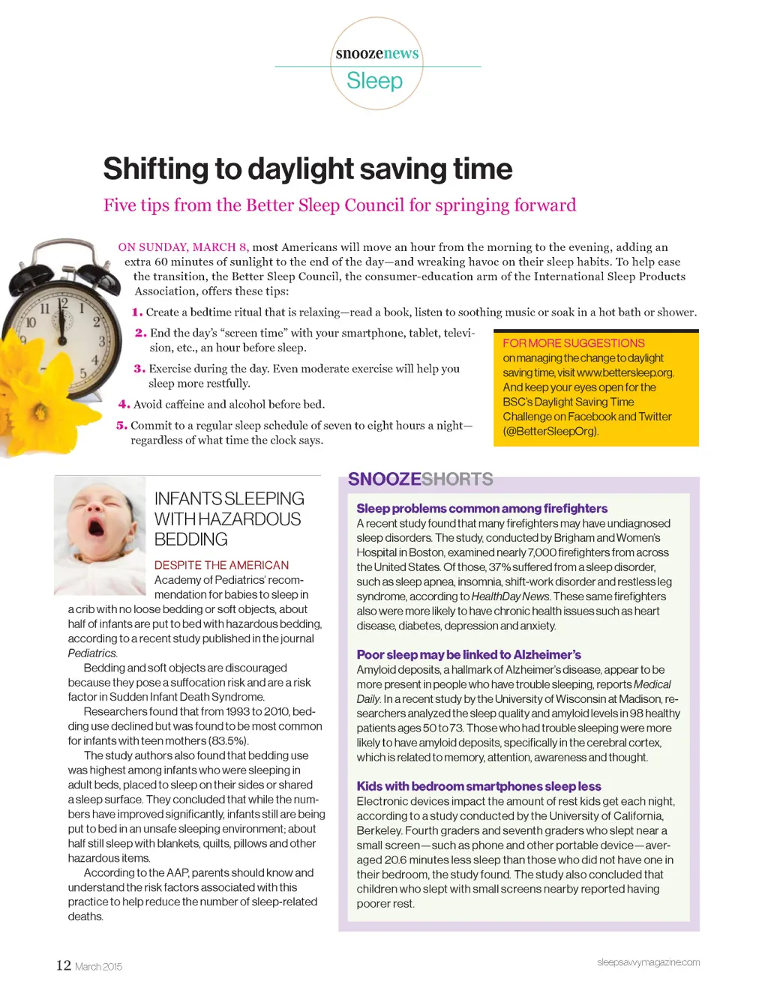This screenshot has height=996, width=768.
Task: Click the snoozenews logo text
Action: pos(377,53)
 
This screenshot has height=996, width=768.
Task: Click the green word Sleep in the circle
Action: pos(374,80)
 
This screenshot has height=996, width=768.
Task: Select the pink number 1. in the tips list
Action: pos(137,313)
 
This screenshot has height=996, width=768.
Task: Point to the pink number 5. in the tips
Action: pos(121,426)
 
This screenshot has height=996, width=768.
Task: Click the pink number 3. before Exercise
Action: pos(139,369)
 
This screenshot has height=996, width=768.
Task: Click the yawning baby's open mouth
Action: pos(97,527)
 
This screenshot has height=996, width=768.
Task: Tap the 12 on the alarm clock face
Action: pos(63,304)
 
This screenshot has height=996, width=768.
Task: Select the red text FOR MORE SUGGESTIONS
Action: pos(574,343)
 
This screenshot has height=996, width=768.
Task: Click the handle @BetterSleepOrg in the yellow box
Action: pos(551,431)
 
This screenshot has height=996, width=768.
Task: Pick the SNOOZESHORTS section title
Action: pos(420,480)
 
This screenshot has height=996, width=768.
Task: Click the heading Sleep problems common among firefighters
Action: pos(481,509)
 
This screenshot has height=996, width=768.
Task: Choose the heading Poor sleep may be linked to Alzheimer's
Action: pos(469,655)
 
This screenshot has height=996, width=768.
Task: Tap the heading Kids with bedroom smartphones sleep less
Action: pos(478,786)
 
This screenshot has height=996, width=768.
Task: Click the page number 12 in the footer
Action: pos(64,965)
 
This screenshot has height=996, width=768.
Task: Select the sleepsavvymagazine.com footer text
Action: pos(648,962)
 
